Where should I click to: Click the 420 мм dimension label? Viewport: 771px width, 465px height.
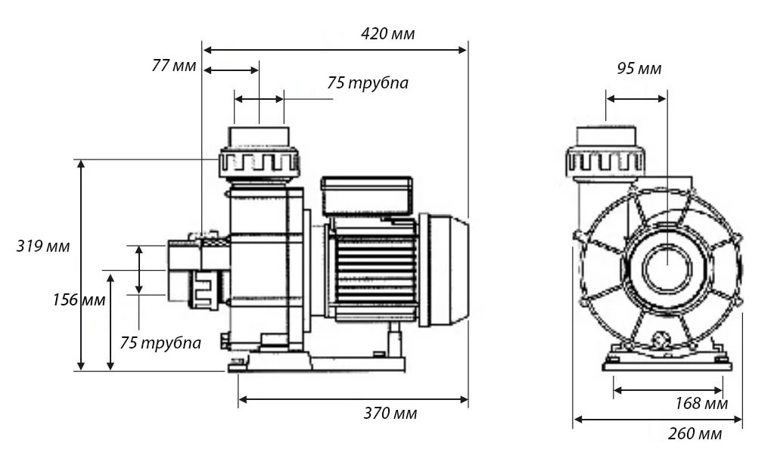(387, 34)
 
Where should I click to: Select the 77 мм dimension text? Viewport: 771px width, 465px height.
(173, 65)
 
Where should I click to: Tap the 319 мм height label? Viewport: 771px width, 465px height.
(43, 246)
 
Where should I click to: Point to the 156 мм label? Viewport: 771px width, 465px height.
(79, 299)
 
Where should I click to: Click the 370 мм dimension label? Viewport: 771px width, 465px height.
(390, 414)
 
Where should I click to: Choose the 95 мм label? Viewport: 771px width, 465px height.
(639, 69)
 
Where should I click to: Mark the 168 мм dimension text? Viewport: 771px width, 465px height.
(701, 404)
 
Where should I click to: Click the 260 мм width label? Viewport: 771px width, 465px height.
(695, 433)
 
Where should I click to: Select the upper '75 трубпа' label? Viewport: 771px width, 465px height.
(368, 82)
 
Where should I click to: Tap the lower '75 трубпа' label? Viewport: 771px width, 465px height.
(160, 343)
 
